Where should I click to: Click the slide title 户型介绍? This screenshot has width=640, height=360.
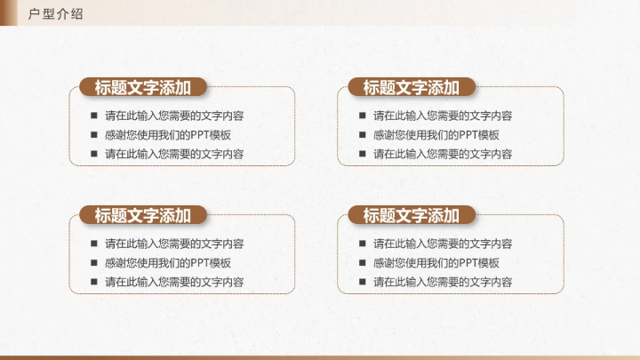point(56,12)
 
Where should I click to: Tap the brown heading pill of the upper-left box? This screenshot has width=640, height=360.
point(142,87)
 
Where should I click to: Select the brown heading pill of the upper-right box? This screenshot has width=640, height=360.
point(411,87)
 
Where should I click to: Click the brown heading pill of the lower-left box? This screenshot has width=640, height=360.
point(142,215)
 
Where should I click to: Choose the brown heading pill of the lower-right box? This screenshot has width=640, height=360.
point(411,215)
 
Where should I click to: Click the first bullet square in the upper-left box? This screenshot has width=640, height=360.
point(93,116)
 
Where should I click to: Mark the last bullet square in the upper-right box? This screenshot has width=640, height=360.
point(362,154)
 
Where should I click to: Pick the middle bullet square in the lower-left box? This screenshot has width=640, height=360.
point(93,263)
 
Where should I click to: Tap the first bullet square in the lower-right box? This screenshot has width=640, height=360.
point(362,244)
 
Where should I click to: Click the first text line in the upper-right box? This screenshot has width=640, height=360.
point(443,116)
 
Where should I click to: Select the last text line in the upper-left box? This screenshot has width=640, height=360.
point(174,154)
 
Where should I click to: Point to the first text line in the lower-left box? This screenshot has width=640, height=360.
point(174,244)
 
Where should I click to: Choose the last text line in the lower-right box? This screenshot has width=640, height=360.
point(443,282)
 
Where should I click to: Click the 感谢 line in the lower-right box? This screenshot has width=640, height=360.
point(436,263)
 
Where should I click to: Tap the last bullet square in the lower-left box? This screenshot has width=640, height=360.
point(93,282)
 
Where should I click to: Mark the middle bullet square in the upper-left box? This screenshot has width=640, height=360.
point(93,135)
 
